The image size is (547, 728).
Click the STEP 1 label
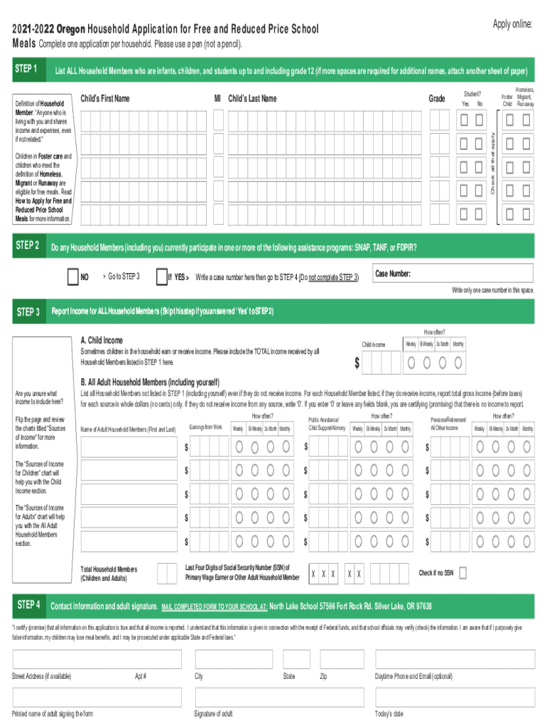[x=26, y=69]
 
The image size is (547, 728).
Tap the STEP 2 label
[x=26, y=246]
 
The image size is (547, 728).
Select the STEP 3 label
[x=26, y=311]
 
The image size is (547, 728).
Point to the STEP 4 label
[x=26, y=606]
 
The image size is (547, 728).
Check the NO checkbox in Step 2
[x=72, y=276]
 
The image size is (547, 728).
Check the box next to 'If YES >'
[x=161, y=276]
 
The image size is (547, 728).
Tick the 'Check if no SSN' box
[x=462, y=572]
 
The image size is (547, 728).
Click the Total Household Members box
[x=167, y=573]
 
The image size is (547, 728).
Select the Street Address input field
[x=96, y=659]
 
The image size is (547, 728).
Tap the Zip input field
[x=340, y=659]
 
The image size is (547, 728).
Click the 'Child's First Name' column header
[x=105, y=98]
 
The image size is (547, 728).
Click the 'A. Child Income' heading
[x=102, y=340]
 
